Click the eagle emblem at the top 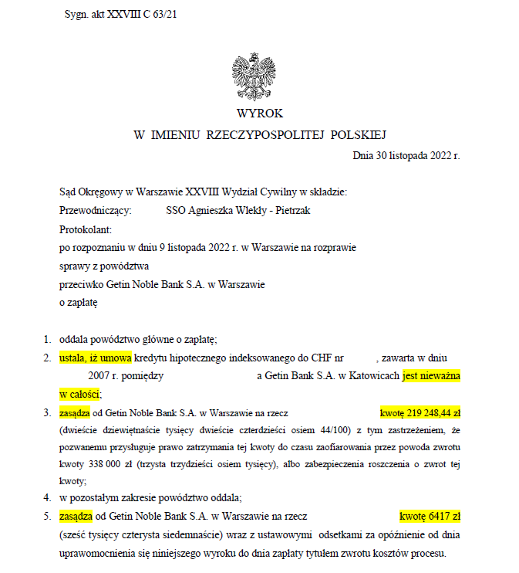(254, 75)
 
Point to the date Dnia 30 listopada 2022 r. (406, 155)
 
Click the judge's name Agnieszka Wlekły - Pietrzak (238, 209)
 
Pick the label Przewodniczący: (95, 209)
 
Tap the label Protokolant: (86, 229)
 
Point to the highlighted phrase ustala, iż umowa (95, 358)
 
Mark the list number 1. (47, 339)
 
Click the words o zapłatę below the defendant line (78, 303)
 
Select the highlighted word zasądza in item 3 (75, 412)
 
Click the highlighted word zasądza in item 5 (75, 516)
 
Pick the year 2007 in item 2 (97, 375)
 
